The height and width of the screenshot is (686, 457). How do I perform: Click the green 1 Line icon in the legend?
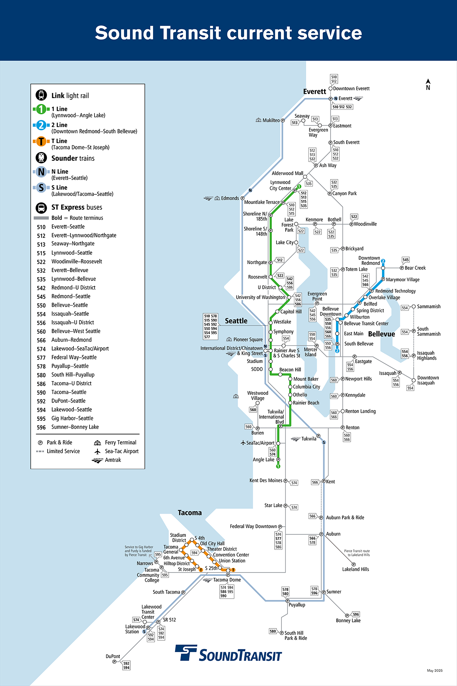41,109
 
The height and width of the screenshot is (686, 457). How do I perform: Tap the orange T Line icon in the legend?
41,141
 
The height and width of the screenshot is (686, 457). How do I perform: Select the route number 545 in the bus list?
41,297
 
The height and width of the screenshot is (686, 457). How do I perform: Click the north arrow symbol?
428,84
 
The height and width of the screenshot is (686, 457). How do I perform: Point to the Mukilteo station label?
271,120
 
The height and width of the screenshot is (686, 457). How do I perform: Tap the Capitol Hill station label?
291,312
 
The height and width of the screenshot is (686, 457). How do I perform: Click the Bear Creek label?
415,268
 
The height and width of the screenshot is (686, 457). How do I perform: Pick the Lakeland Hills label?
355,569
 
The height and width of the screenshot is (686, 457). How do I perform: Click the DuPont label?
113,656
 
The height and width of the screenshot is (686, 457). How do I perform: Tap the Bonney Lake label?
348,620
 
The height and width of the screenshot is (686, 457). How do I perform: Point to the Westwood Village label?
257,396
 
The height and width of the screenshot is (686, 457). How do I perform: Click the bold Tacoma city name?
190,513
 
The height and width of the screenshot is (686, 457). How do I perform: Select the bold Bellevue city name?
381,334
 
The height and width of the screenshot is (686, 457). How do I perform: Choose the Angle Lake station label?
264,460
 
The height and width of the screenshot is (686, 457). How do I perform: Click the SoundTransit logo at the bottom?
228,653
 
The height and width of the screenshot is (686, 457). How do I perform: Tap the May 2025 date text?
435,670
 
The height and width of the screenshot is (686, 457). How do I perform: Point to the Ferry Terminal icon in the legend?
97,442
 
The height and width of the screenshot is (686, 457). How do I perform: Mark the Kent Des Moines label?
266,481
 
